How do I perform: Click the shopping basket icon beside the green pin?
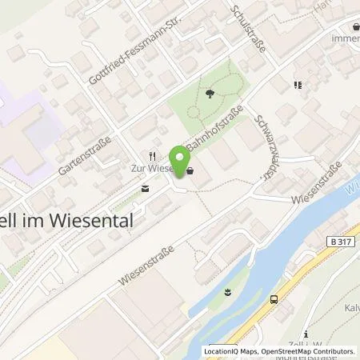pyautogui.click(x=190, y=169)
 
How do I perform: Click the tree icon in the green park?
pyautogui.click(x=210, y=94)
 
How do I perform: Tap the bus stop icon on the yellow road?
pyautogui.click(x=275, y=299)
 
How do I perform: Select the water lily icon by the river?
pyautogui.click(x=229, y=290)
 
